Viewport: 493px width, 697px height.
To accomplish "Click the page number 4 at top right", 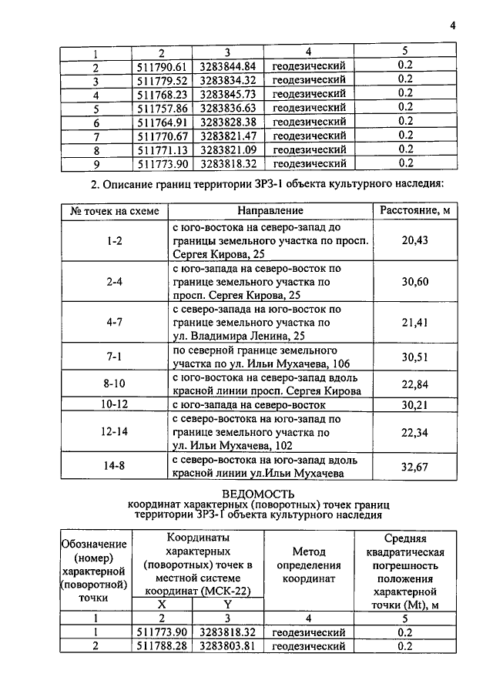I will pyautogui.click(x=454, y=25).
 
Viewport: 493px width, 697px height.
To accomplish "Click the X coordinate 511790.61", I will pyautogui.click(x=162, y=65).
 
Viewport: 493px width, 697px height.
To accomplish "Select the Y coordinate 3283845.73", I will pyautogui.click(x=227, y=94).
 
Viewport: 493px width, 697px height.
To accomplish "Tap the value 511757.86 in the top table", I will pyautogui.click(x=162, y=108).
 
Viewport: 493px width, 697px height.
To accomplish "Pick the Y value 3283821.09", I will pyautogui.click(x=227, y=149).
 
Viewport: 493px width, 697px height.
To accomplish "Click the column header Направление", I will pyautogui.click(x=270, y=210).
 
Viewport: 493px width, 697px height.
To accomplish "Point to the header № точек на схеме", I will pyautogui.click(x=115, y=210).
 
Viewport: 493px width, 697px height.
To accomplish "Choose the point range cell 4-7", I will pyautogui.click(x=115, y=323).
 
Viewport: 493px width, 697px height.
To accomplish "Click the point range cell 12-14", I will pyautogui.click(x=115, y=433).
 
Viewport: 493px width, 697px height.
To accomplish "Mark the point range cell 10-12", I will pyautogui.click(x=115, y=404).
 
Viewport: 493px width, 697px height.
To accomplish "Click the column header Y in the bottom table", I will pyautogui.click(x=226, y=605).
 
